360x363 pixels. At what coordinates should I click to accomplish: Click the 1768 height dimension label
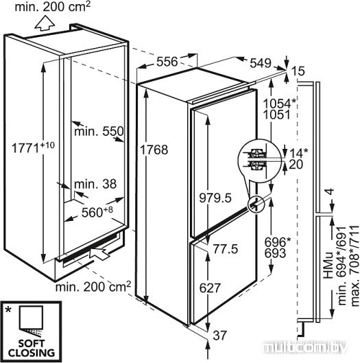click(154, 150)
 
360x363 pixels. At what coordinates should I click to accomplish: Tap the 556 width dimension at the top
click(167, 62)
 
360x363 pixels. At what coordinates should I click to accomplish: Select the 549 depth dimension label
click(261, 63)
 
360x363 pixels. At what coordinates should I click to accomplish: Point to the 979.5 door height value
click(215, 198)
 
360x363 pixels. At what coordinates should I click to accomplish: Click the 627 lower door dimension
click(210, 288)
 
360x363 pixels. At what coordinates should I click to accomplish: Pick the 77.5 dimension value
click(226, 249)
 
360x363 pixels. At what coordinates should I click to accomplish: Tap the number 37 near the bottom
click(220, 336)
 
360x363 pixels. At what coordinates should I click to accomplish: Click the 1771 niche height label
click(33, 148)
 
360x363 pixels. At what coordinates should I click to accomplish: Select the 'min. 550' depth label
click(99, 132)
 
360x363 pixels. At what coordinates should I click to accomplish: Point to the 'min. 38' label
click(95, 185)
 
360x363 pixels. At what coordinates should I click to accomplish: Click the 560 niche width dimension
click(97, 212)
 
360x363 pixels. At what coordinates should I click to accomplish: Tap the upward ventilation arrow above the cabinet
click(45, 23)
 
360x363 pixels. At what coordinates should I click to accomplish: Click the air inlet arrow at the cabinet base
click(99, 254)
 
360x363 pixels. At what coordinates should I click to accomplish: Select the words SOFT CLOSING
click(32, 348)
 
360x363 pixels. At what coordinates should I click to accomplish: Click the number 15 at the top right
click(298, 71)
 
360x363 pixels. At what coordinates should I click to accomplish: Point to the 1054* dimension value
click(280, 104)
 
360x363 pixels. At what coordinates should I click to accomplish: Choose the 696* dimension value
click(278, 242)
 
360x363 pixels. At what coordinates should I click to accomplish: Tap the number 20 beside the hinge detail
click(296, 165)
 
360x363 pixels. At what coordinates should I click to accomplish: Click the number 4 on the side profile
click(331, 191)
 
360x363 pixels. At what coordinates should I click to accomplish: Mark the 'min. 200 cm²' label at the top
click(53, 7)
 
